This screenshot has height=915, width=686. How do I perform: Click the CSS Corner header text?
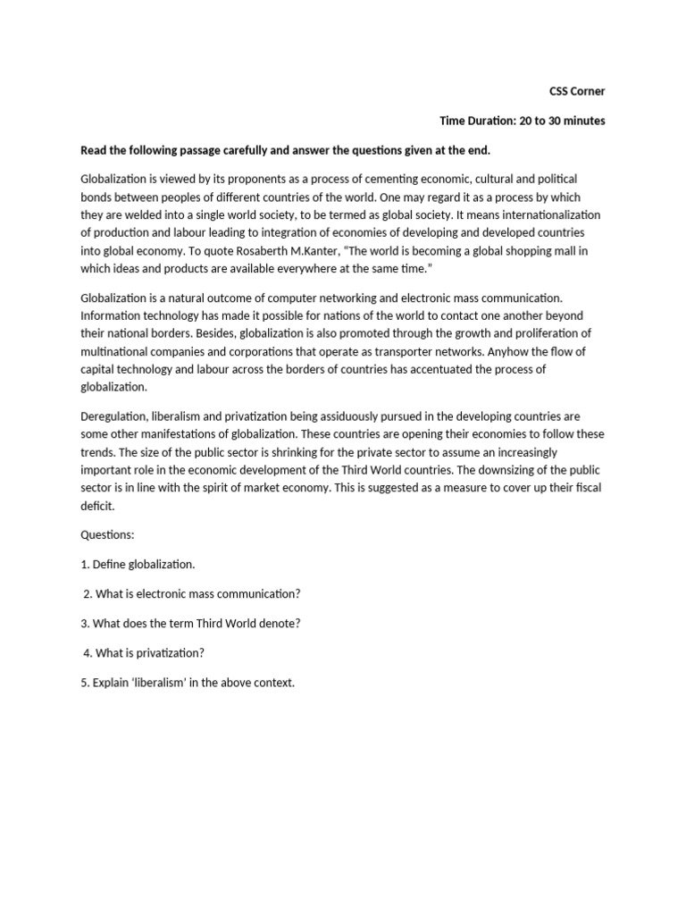576,91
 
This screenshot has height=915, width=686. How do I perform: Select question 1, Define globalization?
138,564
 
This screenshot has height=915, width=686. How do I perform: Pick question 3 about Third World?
190,623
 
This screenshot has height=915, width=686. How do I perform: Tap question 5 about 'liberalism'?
187,683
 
